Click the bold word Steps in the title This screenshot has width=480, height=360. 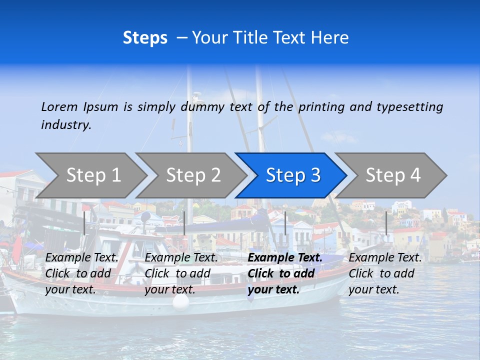[x=145, y=38]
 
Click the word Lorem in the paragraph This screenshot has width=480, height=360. [x=59, y=106]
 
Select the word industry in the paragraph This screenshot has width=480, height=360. [x=66, y=124]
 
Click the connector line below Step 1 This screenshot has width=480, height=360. [x=84, y=223]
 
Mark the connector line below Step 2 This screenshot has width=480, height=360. [x=184, y=223]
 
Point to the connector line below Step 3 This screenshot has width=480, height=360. [x=285, y=223]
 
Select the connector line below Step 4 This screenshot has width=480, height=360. [x=386, y=223]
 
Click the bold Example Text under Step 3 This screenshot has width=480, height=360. [x=285, y=258]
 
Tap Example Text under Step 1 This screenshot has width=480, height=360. [x=82, y=258]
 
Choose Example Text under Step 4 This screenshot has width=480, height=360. [x=385, y=258]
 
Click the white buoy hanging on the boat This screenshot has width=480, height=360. [x=181, y=301]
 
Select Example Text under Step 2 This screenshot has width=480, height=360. [x=181, y=258]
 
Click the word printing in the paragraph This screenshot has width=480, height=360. [x=321, y=106]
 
